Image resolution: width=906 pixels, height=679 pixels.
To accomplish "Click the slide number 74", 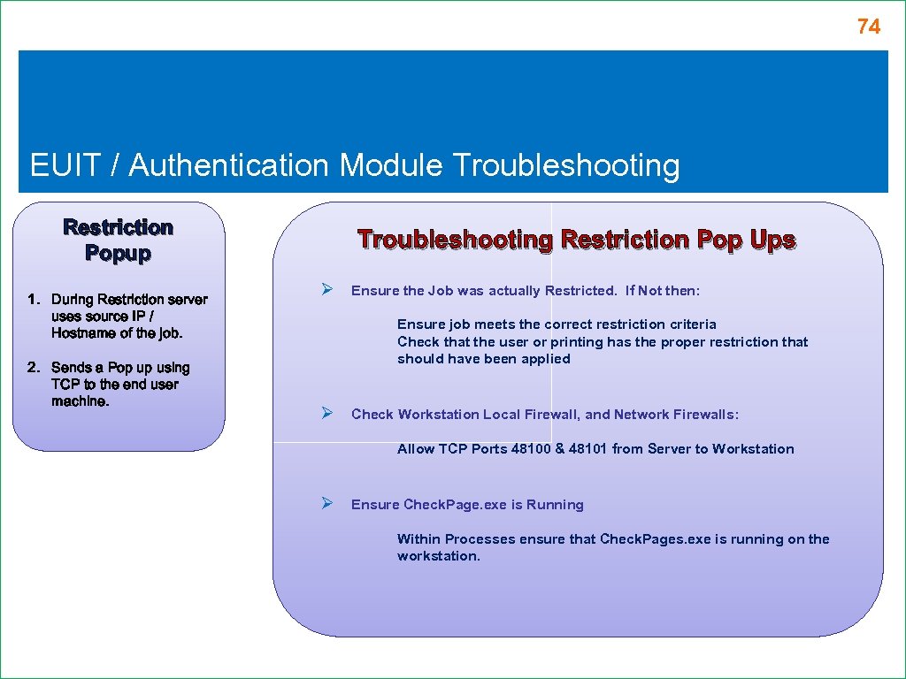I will click(x=868, y=27).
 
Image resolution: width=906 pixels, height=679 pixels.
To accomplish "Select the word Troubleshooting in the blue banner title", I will click(x=565, y=165).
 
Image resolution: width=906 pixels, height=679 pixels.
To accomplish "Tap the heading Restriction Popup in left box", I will click(x=118, y=240).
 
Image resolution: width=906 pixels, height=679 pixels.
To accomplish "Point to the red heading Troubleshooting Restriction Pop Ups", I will click(x=576, y=240).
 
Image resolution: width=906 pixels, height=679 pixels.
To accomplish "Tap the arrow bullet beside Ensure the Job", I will click(x=326, y=290).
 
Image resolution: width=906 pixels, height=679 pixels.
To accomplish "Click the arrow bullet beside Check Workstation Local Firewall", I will click(x=326, y=414).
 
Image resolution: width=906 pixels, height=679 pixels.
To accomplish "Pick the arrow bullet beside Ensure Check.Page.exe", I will click(x=326, y=504).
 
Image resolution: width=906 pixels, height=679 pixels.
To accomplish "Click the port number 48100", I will click(x=531, y=449).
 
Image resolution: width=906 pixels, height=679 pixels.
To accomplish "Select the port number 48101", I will click(x=588, y=449).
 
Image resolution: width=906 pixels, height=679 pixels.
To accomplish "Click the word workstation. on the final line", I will click(x=439, y=556).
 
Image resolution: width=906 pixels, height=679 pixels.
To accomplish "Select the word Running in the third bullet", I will click(x=555, y=505).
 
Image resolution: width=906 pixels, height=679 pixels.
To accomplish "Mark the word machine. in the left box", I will click(x=81, y=401).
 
